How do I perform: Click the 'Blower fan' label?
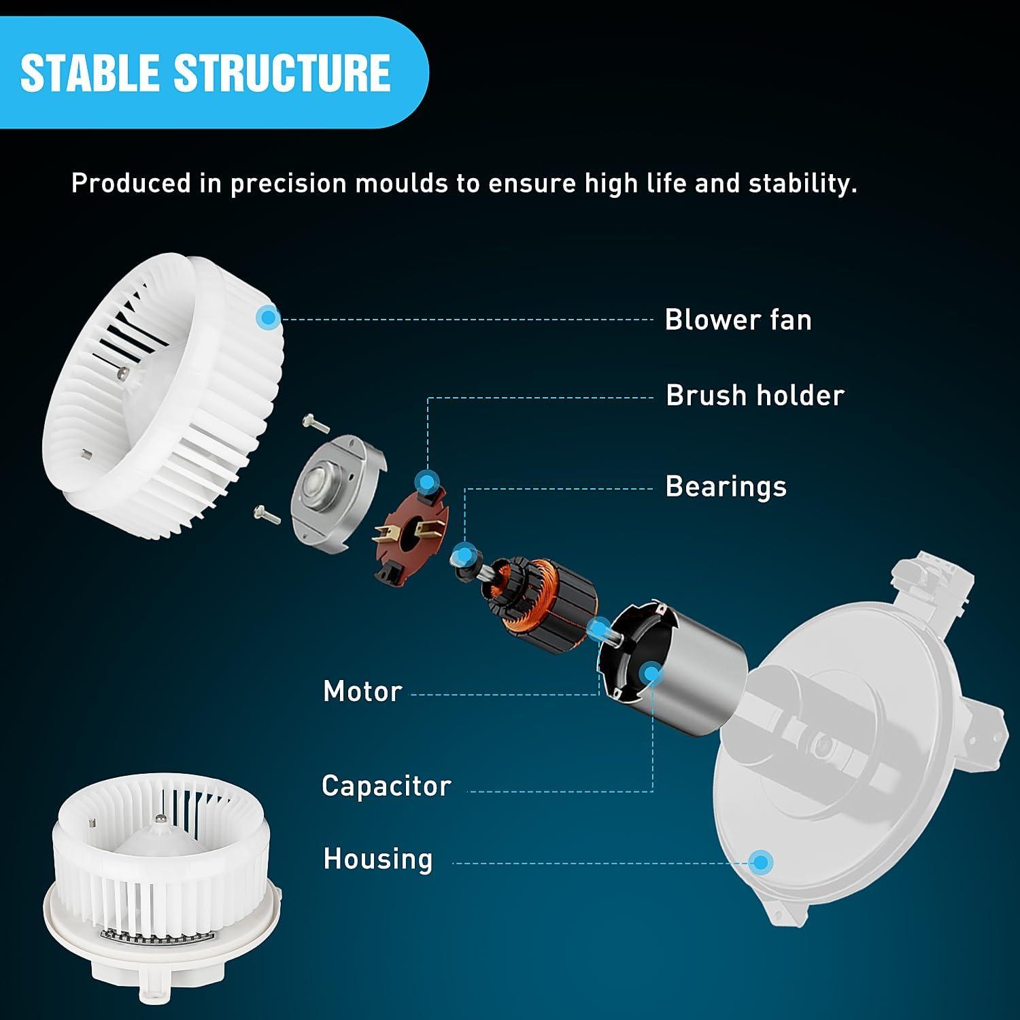[x=738, y=320]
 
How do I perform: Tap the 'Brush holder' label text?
[x=755, y=395]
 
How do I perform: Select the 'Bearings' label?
[x=726, y=487]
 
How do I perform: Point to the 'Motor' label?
[x=362, y=692]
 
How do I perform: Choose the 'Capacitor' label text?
[x=386, y=786]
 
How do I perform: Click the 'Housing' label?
[x=377, y=859]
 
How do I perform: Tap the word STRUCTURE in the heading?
[x=282, y=73]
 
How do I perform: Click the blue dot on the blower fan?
[x=268, y=317]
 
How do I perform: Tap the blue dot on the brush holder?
[x=426, y=482]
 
